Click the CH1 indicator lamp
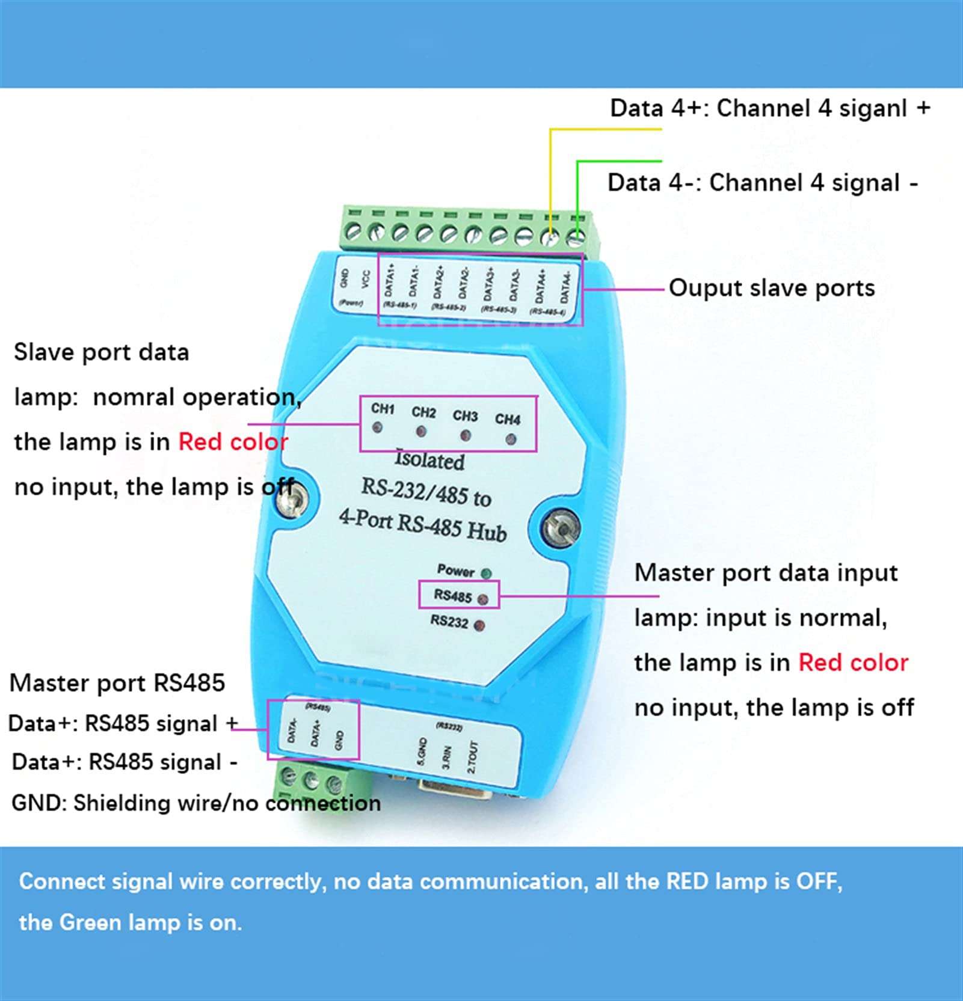point(377,427)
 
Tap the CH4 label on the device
point(508,418)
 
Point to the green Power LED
point(486,574)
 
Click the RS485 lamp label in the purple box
point(453,596)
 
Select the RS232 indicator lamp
point(479,625)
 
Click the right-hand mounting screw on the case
point(561,528)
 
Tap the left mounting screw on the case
point(294,499)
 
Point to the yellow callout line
point(550,174)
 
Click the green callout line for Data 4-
point(577,192)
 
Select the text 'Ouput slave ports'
point(771,288)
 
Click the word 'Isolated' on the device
point(429,460)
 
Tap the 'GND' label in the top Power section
point(345,278)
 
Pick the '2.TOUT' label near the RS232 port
point(472,757)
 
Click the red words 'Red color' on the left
point(233,442)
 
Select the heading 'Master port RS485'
point(117,683)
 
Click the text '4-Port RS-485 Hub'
point(423,524)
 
